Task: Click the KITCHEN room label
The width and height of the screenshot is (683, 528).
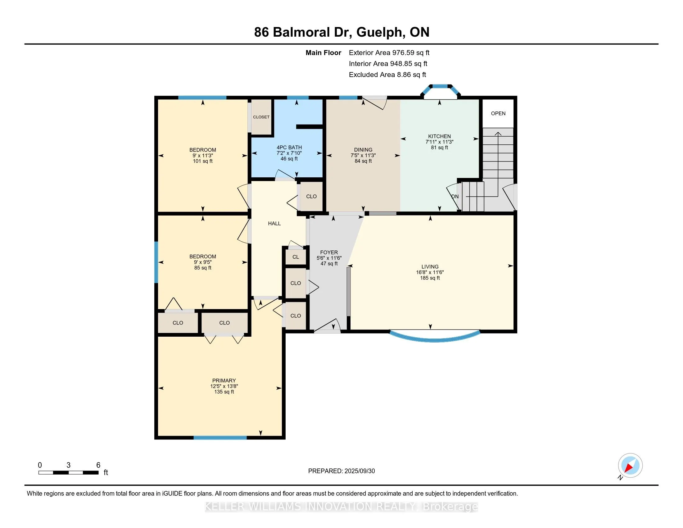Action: click(439, 136)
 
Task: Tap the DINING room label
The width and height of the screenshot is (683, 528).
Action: click(363, 150)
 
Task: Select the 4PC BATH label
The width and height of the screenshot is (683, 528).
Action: click(289, 147)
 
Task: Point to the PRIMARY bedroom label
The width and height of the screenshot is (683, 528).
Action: click(224, 381)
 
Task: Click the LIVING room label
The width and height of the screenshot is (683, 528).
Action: click(430, 267)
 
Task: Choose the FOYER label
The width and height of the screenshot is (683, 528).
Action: click(329, 253)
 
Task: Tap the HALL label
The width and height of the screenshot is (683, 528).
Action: click(274, 223)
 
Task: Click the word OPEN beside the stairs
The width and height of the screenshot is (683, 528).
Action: click(498, 114)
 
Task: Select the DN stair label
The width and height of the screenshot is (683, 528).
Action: click(455, 196)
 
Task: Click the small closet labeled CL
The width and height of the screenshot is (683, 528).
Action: click(296, 257)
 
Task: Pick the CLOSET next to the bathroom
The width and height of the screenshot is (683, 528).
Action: click(261, 117)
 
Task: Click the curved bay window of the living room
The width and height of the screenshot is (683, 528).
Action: click(435, 339)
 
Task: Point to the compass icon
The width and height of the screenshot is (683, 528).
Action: click(630, 465)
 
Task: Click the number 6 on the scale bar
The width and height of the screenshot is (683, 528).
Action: click(98, 465)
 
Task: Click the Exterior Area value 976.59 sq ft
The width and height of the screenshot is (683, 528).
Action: click(411, 53)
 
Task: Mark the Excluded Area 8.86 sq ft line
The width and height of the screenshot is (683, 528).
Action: click(387, 75)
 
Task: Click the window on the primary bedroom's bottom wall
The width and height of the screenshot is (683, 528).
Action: click(220, 438)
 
